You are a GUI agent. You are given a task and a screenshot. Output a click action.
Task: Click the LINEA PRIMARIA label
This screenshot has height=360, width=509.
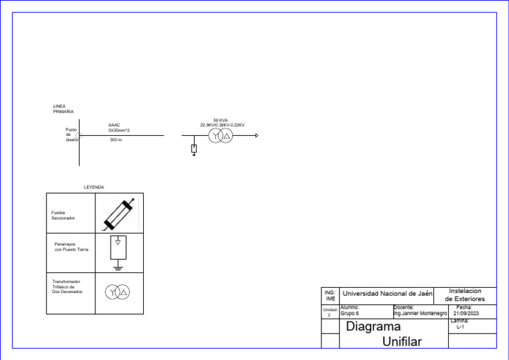[x=63, y=109]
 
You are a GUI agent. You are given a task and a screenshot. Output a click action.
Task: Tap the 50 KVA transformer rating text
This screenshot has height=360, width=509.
[x=221, y=120]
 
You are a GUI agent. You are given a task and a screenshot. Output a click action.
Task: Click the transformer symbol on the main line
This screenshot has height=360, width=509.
[x=219, y=136]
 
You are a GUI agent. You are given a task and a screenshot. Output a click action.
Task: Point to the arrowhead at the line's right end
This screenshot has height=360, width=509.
[x=256, y=136]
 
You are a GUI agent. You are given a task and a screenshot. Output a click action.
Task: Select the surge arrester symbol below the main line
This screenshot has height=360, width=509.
[x=194, y=149]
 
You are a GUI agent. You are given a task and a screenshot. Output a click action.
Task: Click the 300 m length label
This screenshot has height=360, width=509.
[x=116, y=140]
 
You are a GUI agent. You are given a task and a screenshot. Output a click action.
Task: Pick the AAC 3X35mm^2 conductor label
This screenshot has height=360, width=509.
[x=119, y=128]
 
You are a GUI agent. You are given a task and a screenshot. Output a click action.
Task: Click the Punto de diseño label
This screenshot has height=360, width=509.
[x=72, y=135]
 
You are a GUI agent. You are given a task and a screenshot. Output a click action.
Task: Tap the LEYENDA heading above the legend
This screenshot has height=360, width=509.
[x=93, y=188]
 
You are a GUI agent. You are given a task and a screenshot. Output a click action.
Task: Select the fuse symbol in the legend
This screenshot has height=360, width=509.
[x=120, y=213]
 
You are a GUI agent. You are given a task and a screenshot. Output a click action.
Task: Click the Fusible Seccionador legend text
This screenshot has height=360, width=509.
[x=64, y=215]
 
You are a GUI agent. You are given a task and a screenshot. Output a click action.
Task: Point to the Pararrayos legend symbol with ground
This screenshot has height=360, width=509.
[x=118, y=251]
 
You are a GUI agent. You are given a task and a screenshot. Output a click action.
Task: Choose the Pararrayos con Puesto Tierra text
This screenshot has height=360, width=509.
[x=71, y=247]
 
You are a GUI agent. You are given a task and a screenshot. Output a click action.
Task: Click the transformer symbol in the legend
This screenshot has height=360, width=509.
[x=119, y=293]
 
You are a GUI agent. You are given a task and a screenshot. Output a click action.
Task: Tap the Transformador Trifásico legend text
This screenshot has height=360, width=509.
[x=67, y=286]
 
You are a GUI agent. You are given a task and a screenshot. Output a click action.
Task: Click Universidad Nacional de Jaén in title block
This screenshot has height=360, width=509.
[x=387, y=293]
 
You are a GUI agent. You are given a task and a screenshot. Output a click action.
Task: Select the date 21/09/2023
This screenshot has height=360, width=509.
[x=466, y=313]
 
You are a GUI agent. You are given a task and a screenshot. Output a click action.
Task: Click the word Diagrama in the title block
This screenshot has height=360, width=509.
[x=373, y=327]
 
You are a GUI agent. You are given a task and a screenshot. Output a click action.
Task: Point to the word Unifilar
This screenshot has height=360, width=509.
[x=402, y=342]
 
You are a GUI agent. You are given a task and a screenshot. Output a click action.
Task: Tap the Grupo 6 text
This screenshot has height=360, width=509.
[x=349, y=313]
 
